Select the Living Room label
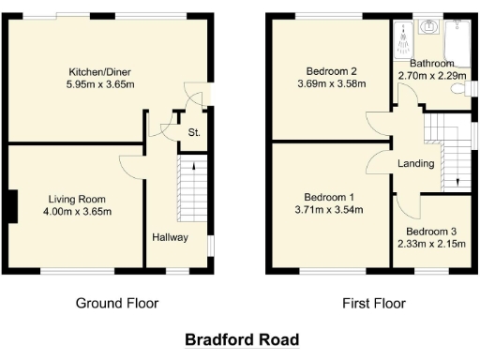pos(78,199)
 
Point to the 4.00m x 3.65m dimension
pos(78,212)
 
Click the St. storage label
pos(194,132)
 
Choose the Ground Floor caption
pos(117,303)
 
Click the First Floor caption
pos(374,303)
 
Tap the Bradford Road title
pos(241,339)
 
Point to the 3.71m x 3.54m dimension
pos(329,211)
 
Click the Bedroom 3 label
pos(432,231)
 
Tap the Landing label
pos(415,163)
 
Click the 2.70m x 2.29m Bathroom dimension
pos(432,76)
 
